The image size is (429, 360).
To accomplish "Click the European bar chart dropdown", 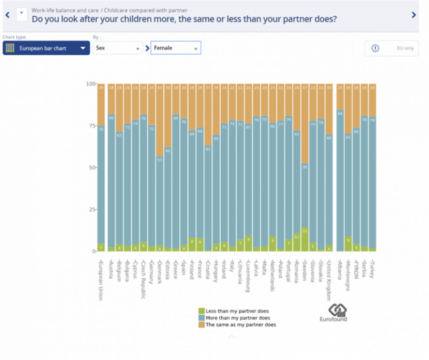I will click(x=46, y=48).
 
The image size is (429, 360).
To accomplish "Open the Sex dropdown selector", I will click(x=118, y=48).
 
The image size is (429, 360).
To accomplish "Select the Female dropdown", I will click(x=175, y=48).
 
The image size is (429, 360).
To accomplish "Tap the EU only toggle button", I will click(x=391, y=48).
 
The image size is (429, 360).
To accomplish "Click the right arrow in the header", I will click(x=414, y=15).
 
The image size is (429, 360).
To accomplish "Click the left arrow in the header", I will click(x=7, y=15).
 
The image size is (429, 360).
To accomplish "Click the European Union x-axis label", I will click(x=101, y=280).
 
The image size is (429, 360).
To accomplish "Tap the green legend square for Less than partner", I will click(x=201, y=311).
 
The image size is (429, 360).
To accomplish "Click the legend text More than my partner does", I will click(x=238, y=318).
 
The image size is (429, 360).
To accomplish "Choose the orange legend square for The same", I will click(x=201, y=324).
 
